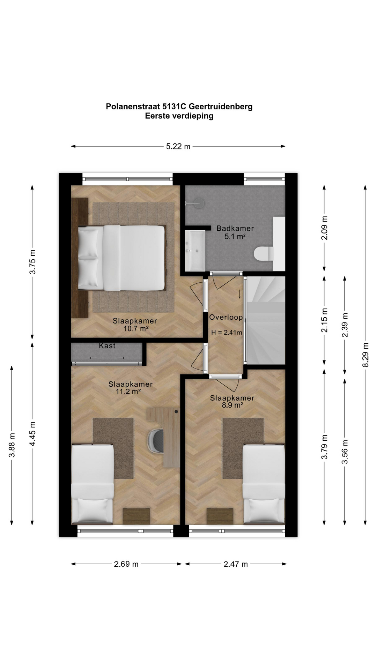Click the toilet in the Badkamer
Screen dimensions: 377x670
[x=264, y=254]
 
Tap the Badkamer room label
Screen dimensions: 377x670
[x=235, y=229]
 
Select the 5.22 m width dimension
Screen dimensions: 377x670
[x=178, y=147]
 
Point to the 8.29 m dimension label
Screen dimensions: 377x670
[x=365, y=355]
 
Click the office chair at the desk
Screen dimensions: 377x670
[x=156, y=441]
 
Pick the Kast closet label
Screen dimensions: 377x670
[x=107, y=346]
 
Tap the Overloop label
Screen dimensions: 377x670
[x=226, y=318]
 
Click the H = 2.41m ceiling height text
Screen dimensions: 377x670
[x=227, y=333]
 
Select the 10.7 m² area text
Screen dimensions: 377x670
[x=136, y=328]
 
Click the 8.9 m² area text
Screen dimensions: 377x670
[x=232, y=405]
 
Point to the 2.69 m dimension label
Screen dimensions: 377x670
[x=126, y=564]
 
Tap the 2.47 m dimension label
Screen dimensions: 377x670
[x=236, y=564]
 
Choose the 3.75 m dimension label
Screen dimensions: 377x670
[x=32, y=262]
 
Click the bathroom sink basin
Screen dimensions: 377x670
[x=195, y=251]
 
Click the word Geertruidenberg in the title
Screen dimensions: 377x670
[x=220, y=107]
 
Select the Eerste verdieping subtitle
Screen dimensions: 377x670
[x=179, y=116]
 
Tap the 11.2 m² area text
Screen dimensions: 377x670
[x=128, y=392]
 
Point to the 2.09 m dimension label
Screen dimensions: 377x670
[x=325, y=228]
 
